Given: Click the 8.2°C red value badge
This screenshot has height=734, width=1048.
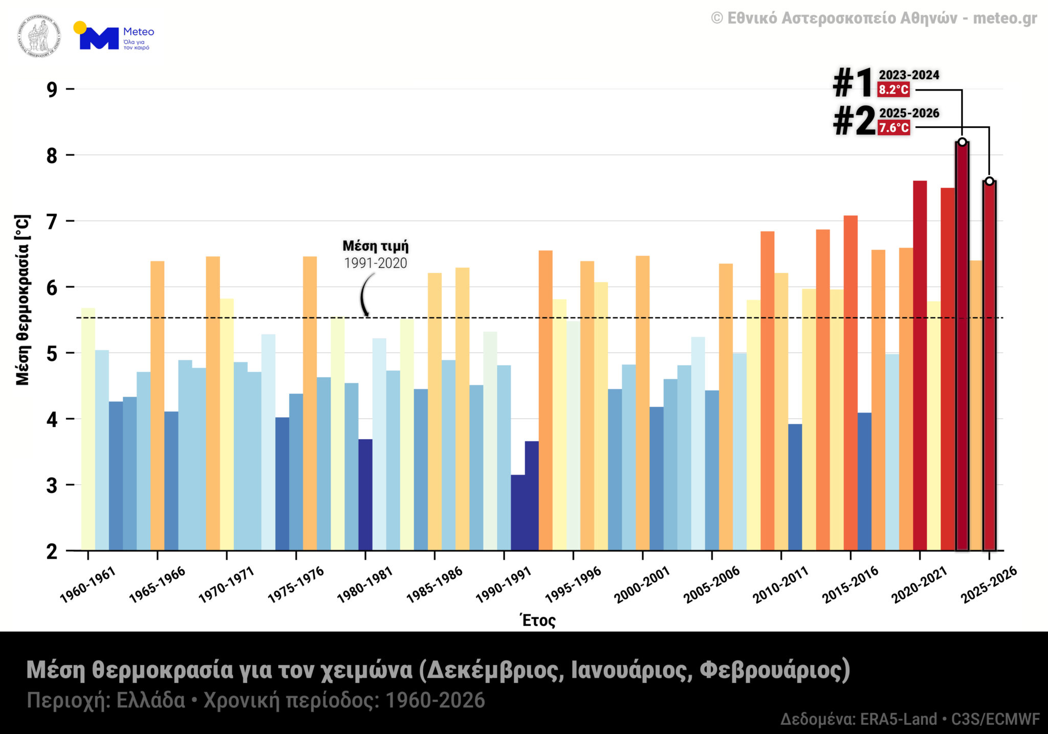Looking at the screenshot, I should coord(893,90).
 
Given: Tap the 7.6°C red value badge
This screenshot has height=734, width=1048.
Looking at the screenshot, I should coord(893,127).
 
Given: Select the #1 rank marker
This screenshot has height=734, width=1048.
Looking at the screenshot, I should coord(852,83).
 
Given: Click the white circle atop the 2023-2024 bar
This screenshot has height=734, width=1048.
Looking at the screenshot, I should coord(962,142).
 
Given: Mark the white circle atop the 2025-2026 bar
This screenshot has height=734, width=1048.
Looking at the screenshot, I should coord(989,181).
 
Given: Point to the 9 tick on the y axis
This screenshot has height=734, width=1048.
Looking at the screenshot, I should coord(52,90).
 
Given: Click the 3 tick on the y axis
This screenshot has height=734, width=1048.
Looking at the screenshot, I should coord(52,485).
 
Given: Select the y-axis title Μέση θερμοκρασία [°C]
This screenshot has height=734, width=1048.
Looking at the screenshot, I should coord(23,299).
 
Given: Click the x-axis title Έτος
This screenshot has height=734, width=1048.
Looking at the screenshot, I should coord(538,620).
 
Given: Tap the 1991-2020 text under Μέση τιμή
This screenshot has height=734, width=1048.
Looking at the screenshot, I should coord(376,263).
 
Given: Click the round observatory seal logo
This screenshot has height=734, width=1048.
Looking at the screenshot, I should coord(39,36).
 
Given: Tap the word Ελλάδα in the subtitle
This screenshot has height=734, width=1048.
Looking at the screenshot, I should coord(151,700).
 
